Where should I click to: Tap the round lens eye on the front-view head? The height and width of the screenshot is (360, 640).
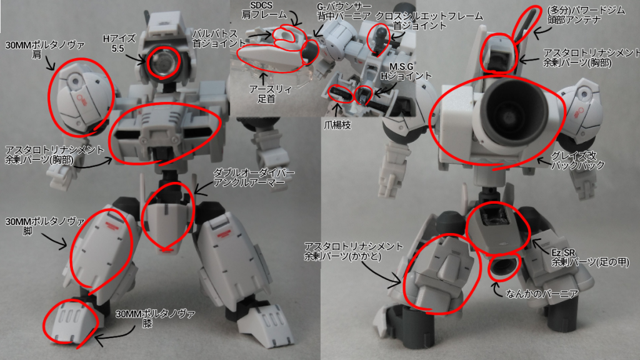(x=162, y=62)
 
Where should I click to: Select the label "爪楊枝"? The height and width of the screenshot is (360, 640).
(x=337, y=125)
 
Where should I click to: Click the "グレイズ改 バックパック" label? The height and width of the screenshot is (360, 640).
(x=577, y=161)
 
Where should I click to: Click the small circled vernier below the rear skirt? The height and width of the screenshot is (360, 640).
(x=504, y=267)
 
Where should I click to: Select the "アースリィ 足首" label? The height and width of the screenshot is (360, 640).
(x=267, y=94)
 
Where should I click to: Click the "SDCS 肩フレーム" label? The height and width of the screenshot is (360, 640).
(x=264, y=11)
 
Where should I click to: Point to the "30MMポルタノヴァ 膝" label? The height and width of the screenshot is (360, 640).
(x=156, y=319)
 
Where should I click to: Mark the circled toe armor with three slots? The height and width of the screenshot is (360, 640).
(x=71, y=322)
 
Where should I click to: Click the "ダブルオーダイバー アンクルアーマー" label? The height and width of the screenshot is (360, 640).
(x=254, y=177)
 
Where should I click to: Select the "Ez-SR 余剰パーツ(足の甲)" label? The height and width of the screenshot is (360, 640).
(x=591, y=257)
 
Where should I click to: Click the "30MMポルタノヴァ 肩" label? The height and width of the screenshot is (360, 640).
(x=45, y=50)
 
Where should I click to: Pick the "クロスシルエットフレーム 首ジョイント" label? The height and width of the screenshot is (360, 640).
(x=429, y=21)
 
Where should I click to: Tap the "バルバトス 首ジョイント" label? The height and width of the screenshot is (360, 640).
(x=219, y=38)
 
